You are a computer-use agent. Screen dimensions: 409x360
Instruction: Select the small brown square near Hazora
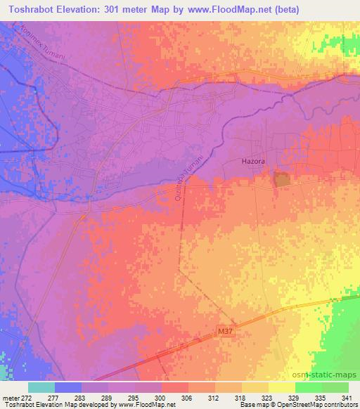click(x=282, y=179)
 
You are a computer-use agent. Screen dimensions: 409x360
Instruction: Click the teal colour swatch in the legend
click(x=41, y=387)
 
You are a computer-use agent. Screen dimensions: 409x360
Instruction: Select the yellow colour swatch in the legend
click(x=281, y=387)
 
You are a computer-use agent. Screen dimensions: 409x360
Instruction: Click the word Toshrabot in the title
click(x=31, y=8)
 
